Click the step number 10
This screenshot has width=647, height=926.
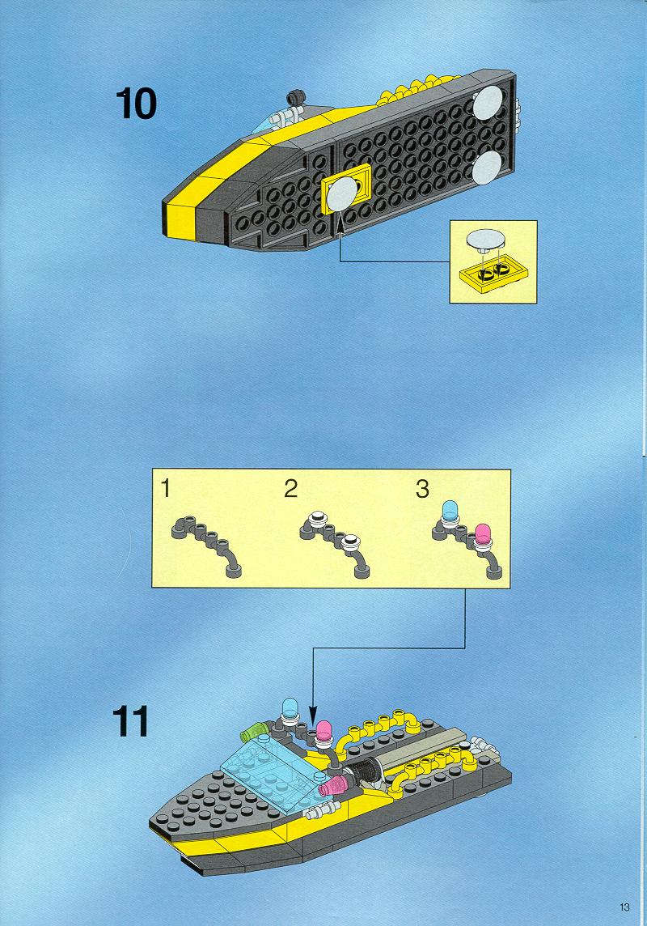(136, 104)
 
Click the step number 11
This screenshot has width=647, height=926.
(131, 721)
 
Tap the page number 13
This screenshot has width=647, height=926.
(624, 907)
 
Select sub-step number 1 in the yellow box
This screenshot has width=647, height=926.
(166, 488)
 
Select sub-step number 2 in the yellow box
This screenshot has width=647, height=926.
(291, 489)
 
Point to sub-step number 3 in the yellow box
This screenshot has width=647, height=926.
(422, 489)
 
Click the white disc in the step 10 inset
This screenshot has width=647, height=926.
(487, 240)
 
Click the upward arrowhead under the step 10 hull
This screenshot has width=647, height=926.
(340, 227)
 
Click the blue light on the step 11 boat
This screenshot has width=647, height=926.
(290, 710)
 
